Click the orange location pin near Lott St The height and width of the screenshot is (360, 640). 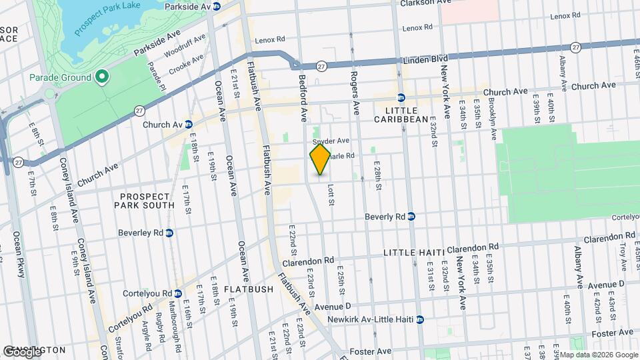coord(320,159)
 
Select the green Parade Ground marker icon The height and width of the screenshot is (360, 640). coord(101,77)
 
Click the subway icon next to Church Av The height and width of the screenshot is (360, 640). coord(189,124)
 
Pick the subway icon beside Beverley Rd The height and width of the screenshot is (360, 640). coord(169,233)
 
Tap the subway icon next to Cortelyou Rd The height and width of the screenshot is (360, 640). coord(177,293)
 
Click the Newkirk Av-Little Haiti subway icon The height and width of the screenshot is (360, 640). coord(419,320)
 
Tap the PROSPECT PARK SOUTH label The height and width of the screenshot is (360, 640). coord(147,201)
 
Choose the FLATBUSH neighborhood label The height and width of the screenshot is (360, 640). coord(248,289)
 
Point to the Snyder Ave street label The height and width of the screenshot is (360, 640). coord(331,141)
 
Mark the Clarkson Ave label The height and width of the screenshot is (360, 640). coord(427,3)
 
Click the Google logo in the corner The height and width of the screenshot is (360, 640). coord(22,352)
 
